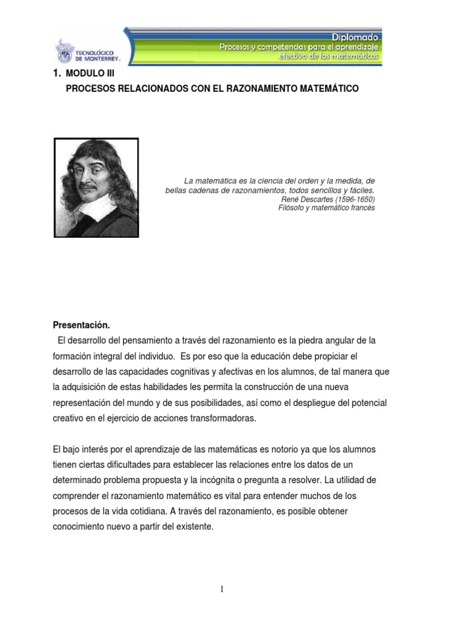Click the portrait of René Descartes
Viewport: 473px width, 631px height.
point(97,187)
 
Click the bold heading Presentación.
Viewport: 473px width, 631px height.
point(81,325)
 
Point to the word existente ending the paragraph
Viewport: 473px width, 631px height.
point(193,527)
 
